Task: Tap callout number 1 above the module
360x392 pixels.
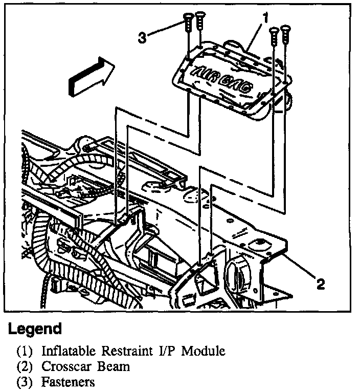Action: coord(266,17)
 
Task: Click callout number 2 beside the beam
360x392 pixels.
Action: coord(321,284)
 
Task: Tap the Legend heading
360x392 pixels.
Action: coord(35,329)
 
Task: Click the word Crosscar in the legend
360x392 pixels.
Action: coord(65,367)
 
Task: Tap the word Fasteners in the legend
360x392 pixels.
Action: coord(69,382)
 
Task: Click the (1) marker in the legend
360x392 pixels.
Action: coord(26,352)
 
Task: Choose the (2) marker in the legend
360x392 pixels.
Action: coord(26,367)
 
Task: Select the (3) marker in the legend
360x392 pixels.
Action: coord(26,382)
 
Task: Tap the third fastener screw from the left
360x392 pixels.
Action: coord(274,32)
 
